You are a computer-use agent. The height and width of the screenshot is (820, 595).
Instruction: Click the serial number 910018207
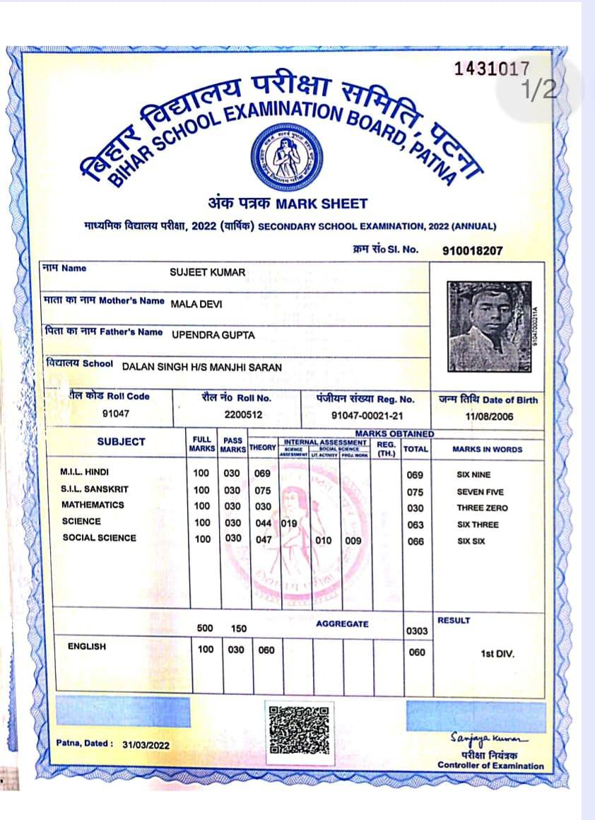(x=473, y=250)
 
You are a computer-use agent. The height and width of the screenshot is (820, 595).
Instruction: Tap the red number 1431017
(x=491, y=69)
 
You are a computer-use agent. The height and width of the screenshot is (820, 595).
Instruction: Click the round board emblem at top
(x=287, y=157)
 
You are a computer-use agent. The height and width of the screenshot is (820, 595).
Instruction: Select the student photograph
(x=489, y=327)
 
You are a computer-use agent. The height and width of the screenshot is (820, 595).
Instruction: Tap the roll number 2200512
(x=243, y=415)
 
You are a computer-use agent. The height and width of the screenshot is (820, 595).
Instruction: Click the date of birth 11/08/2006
(x=488, y=416)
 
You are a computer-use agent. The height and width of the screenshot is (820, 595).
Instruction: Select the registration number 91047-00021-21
(x=367, y=415)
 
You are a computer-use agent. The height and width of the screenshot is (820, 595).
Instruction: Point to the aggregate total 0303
(x=417, y=631)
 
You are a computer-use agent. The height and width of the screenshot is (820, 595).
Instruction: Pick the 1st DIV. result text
(x=497, y=654)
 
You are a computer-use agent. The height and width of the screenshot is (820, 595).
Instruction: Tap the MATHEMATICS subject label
(x=93, y=505)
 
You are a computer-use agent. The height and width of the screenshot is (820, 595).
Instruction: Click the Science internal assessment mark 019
(x=289, y=524)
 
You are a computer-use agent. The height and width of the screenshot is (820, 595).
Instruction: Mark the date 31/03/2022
(x=146, y=745)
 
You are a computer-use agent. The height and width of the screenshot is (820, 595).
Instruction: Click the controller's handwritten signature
(x=489, y=739)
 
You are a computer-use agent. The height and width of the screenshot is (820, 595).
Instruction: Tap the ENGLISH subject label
(x=87, y=646)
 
